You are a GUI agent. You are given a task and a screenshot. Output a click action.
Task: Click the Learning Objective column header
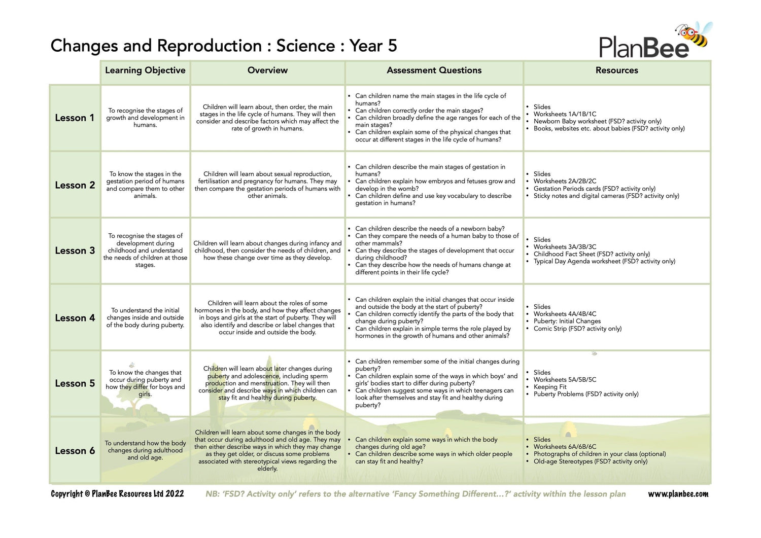tap(145, 70)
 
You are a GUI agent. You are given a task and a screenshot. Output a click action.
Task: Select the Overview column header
tap(267, 70)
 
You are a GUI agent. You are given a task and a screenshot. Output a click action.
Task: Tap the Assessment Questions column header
tap(434, 70)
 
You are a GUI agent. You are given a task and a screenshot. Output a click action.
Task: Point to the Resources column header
tap(616, 70)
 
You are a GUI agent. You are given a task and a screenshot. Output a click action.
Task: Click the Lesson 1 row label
tap(75, 118)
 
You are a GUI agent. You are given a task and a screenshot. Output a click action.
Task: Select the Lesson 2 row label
tap(75, 185)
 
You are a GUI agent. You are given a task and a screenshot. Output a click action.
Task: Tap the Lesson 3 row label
tap(75, 250)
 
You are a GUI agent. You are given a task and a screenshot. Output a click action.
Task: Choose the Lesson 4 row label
tap(75, 318)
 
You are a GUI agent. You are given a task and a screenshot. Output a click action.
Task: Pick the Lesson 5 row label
tap(75, 383)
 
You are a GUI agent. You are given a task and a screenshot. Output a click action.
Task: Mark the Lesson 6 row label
tap(75, 451)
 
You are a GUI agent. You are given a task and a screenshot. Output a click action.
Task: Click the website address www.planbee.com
tap(678, 494)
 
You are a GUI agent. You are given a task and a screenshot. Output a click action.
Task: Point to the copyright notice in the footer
tap(117, 494)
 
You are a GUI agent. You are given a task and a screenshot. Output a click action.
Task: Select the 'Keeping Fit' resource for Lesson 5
tap(550, 387)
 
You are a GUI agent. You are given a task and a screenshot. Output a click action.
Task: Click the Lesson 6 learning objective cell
tap(145, 450)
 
